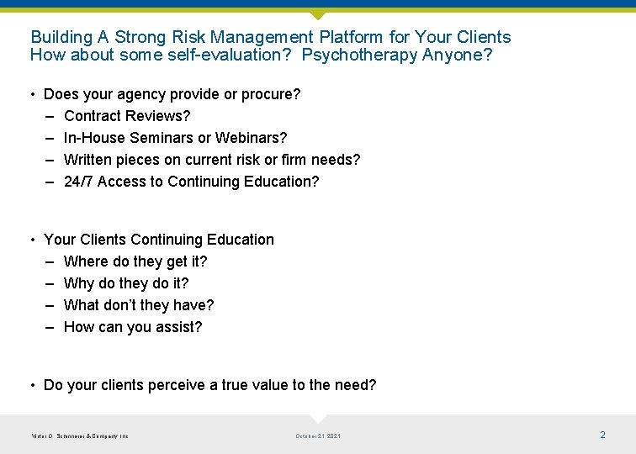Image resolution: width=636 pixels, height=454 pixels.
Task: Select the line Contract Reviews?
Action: [127, 116]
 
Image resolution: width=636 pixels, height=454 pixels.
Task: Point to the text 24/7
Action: [78, 182]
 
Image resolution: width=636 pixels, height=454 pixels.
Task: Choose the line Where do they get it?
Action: [135, 261]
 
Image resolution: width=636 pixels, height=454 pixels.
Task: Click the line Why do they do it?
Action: [126, 283]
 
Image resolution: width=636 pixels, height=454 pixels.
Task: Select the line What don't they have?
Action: [139, 305]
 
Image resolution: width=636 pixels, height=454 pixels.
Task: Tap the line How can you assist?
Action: [133, 327]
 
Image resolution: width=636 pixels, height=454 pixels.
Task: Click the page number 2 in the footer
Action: [602, 435]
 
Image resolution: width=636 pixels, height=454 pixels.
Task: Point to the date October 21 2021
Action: [318, 436]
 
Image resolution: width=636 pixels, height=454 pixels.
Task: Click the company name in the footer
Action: [79, 436]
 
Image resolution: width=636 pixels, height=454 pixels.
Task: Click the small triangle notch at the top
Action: [317, 15]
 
